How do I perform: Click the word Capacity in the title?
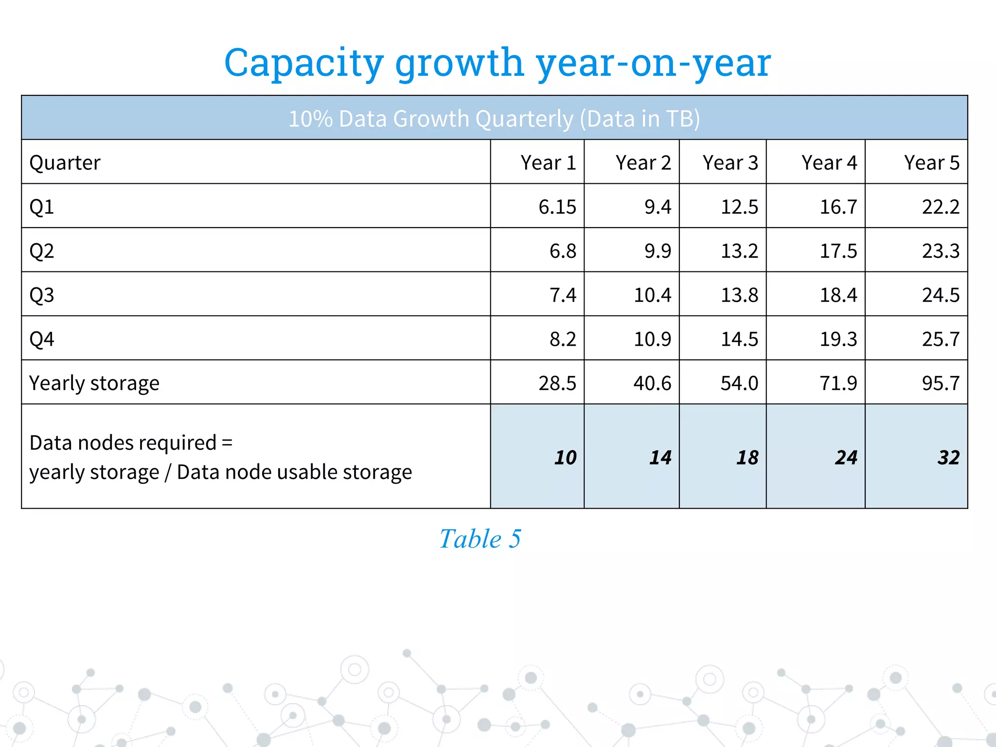pos(304,63)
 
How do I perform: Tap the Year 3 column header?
pos(730,162)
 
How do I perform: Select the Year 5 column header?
pos(931,162)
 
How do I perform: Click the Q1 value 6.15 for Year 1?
pos(557,207)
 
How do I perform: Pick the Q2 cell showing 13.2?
pos(739,251)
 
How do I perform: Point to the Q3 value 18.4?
pos(838,295)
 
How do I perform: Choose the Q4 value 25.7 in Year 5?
pos(941,339)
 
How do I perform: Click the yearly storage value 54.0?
pos(739,383)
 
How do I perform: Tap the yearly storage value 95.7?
pos(941,383)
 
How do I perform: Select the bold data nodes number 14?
pos(660,457)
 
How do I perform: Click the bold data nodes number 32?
pos(948,457)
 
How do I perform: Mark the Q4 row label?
pos(42,339)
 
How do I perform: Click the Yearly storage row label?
pos(94,383)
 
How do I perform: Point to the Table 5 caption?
pos(480,539)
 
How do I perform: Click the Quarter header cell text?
pos(65,162)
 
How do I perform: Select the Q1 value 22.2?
pos(941,207)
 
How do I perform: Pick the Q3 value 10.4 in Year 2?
pos(652,295)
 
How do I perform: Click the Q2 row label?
pos(42,251)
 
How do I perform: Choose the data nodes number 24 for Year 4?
pos(846,457)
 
